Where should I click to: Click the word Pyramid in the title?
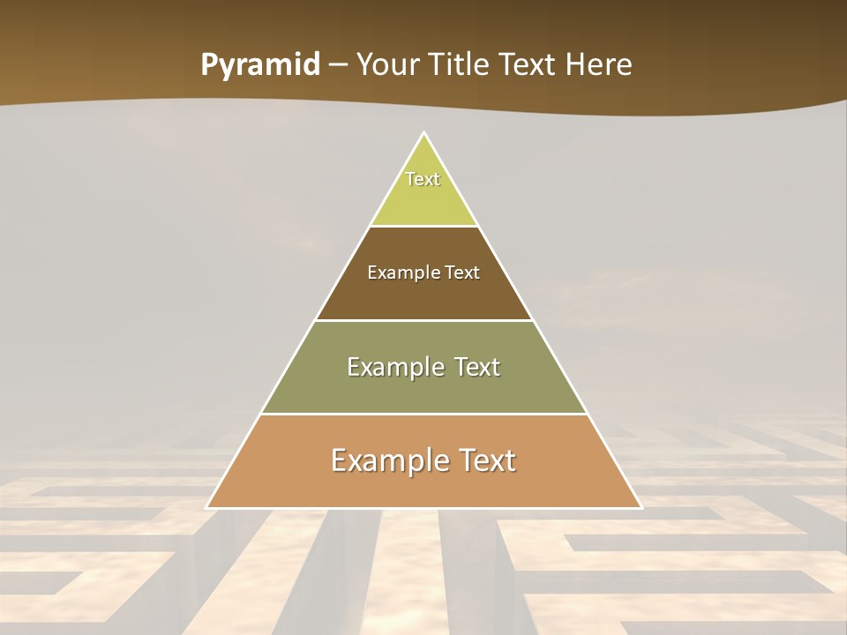tap(259, 65)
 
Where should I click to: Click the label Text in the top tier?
tap(423, 179)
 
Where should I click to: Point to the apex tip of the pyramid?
tap(424, 134)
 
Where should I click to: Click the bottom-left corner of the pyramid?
tap(208, 507)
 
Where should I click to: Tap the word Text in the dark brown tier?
tap(463, 273)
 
